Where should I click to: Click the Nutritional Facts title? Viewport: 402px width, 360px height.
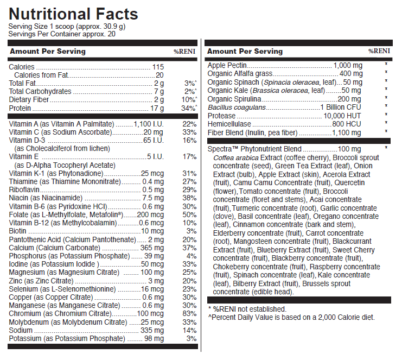[x=73, y=14]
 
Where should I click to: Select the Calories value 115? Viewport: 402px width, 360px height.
[x=158, y=67]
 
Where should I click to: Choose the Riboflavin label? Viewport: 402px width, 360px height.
[x=25, y=190]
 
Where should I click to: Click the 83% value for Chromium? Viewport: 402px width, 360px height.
[x=189, y=314]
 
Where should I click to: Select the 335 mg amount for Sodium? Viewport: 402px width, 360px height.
[x=152, y=330]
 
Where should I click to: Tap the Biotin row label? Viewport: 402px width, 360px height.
[x=18, y=231]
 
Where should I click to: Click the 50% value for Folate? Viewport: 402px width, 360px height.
[x=189, y=214]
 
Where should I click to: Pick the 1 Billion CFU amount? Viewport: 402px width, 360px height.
[x=341, y=108]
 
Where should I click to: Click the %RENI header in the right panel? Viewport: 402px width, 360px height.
[x=379, y=51]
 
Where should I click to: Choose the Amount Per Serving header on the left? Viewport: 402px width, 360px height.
[x=47, y=52]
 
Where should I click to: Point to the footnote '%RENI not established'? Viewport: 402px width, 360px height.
[x=248, y=309]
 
